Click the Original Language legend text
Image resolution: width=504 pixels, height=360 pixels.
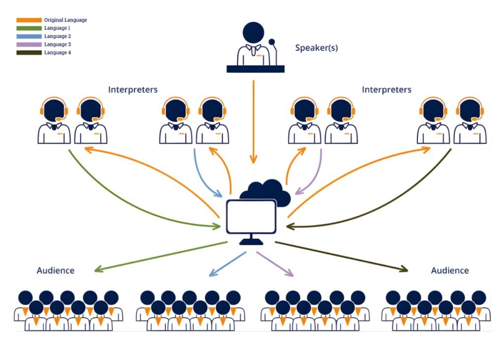pyautogui.click(x=65, y=20)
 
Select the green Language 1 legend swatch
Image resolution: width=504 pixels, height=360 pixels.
pyautogui.click(x=29, y=29)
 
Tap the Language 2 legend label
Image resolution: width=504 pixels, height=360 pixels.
pyautogui.click(x=57, y=36)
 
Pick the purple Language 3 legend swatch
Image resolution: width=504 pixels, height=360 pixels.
pyautogui.click(x=29, y=44)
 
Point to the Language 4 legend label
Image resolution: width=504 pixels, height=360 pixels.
pyautogui.click(x=57, y=52)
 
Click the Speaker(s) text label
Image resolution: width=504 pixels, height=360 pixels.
pyautogui.click(x=316, y=48)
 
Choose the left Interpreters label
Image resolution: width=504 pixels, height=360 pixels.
pyautogui.click(x=133, y=90)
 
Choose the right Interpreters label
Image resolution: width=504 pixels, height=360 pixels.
pyautogui.click(x=386, y=90)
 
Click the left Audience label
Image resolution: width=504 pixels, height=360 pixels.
pyautogui.click(x=56, y=270)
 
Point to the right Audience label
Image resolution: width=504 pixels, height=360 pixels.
pyautogui.click(x=450, y=270)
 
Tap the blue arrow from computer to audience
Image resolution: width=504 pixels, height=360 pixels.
pyautogui.click(x=227, y=263)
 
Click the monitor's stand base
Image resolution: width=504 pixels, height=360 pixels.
pyautogui.click(x=251, y=242)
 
